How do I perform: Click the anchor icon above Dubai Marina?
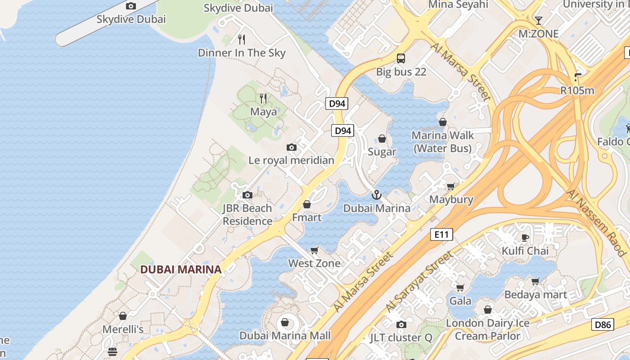pyautogui.click(x=376, y=195)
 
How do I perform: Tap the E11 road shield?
pyautogui.click(x=441, y=234)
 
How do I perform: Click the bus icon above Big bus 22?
pyautogui.click(x=400, y=58)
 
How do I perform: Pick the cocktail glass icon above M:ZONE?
pyautogui.click(x=538, y=20)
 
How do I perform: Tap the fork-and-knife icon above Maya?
pyautogui.click(x=263, y=98)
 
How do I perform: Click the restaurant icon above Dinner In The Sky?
pyautogui.click(x=242, y=40)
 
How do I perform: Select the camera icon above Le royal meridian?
pyautogui.click(x=292, y=147)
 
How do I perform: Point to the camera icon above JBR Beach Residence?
pyautogui.click(x=247, y=195)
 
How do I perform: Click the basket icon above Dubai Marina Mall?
pyautogui.click(x=284, y=322)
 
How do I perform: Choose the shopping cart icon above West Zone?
pyautogui.click(x=314, y=250)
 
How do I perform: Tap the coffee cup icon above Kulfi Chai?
pyautogui.click(x=525, y=238)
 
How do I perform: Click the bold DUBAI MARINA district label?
pyautogui.click(x=181, y=270)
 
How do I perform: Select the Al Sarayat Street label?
pyautogui.click(x=419, y=282)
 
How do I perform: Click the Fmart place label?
pyautogui.click(x=307, y=217)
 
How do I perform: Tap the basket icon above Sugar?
pyautogui.click(x=382, y=139)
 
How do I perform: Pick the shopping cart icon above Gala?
pyautogui.click(x=460, y=288)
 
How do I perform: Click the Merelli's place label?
pyautogui.click(x=123, y=329)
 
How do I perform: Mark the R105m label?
pyautogui.click(x=577, y=90)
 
